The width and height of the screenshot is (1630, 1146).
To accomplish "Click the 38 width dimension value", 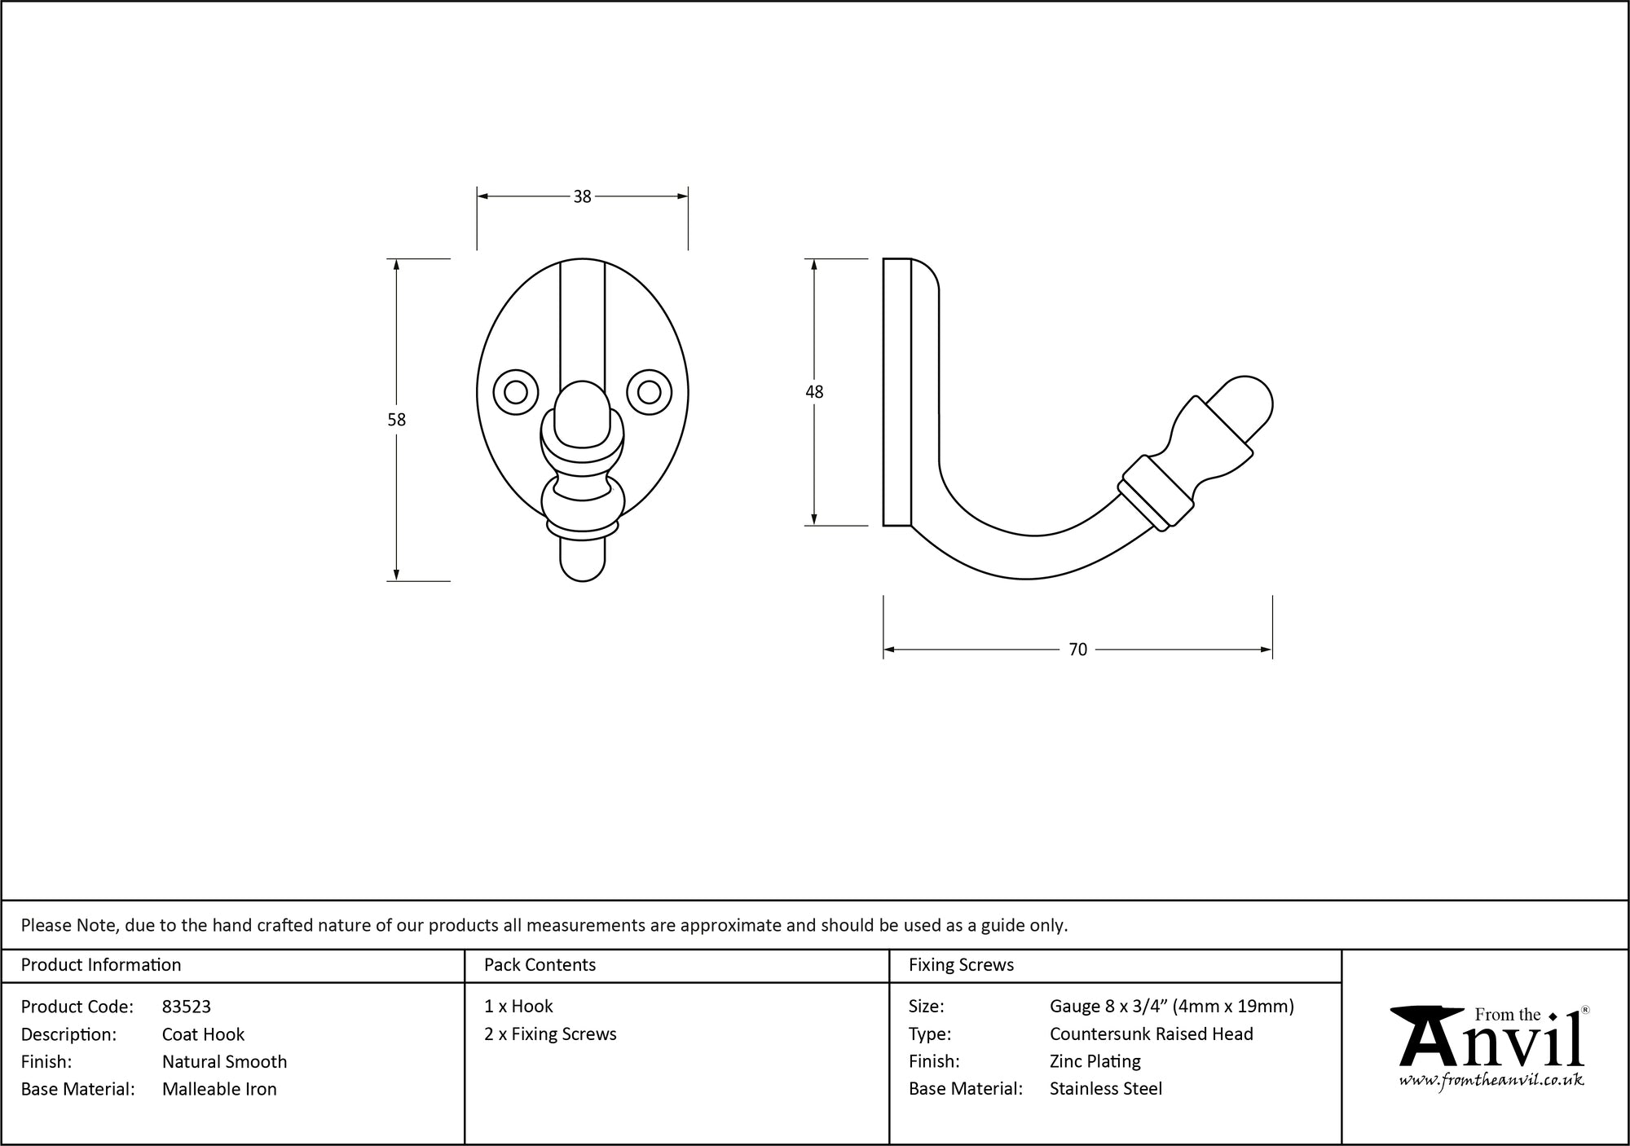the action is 582,196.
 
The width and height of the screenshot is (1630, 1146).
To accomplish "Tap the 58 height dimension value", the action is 396,420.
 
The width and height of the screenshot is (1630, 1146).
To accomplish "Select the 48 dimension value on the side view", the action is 814,392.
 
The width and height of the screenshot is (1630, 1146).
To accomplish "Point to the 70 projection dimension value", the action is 1077,650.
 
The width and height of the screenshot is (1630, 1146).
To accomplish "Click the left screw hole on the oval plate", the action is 516,393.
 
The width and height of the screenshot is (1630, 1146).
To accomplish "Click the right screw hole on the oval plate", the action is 649,393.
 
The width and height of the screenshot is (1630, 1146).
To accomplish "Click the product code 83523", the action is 187,1007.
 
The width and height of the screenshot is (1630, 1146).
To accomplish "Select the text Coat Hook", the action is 203,1034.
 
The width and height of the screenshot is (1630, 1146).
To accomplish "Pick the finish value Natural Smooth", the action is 224,1062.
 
